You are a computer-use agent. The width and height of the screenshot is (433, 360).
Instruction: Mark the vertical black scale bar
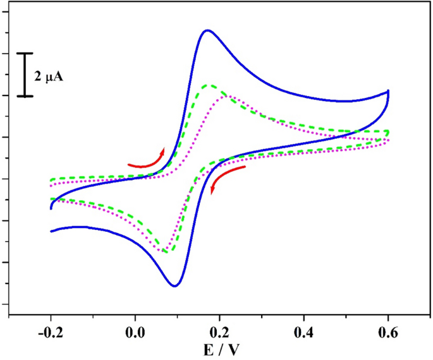[x=25, y=75]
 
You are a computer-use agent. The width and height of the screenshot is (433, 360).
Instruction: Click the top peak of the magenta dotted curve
[x=226, y=96]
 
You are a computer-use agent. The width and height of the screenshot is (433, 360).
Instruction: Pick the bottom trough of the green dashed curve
[x=166, y=251]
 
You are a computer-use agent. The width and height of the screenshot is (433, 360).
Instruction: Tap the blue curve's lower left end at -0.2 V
[x=51, y=231]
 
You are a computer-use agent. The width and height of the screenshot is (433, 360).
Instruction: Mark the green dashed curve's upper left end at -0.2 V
[x=51, y=180]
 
